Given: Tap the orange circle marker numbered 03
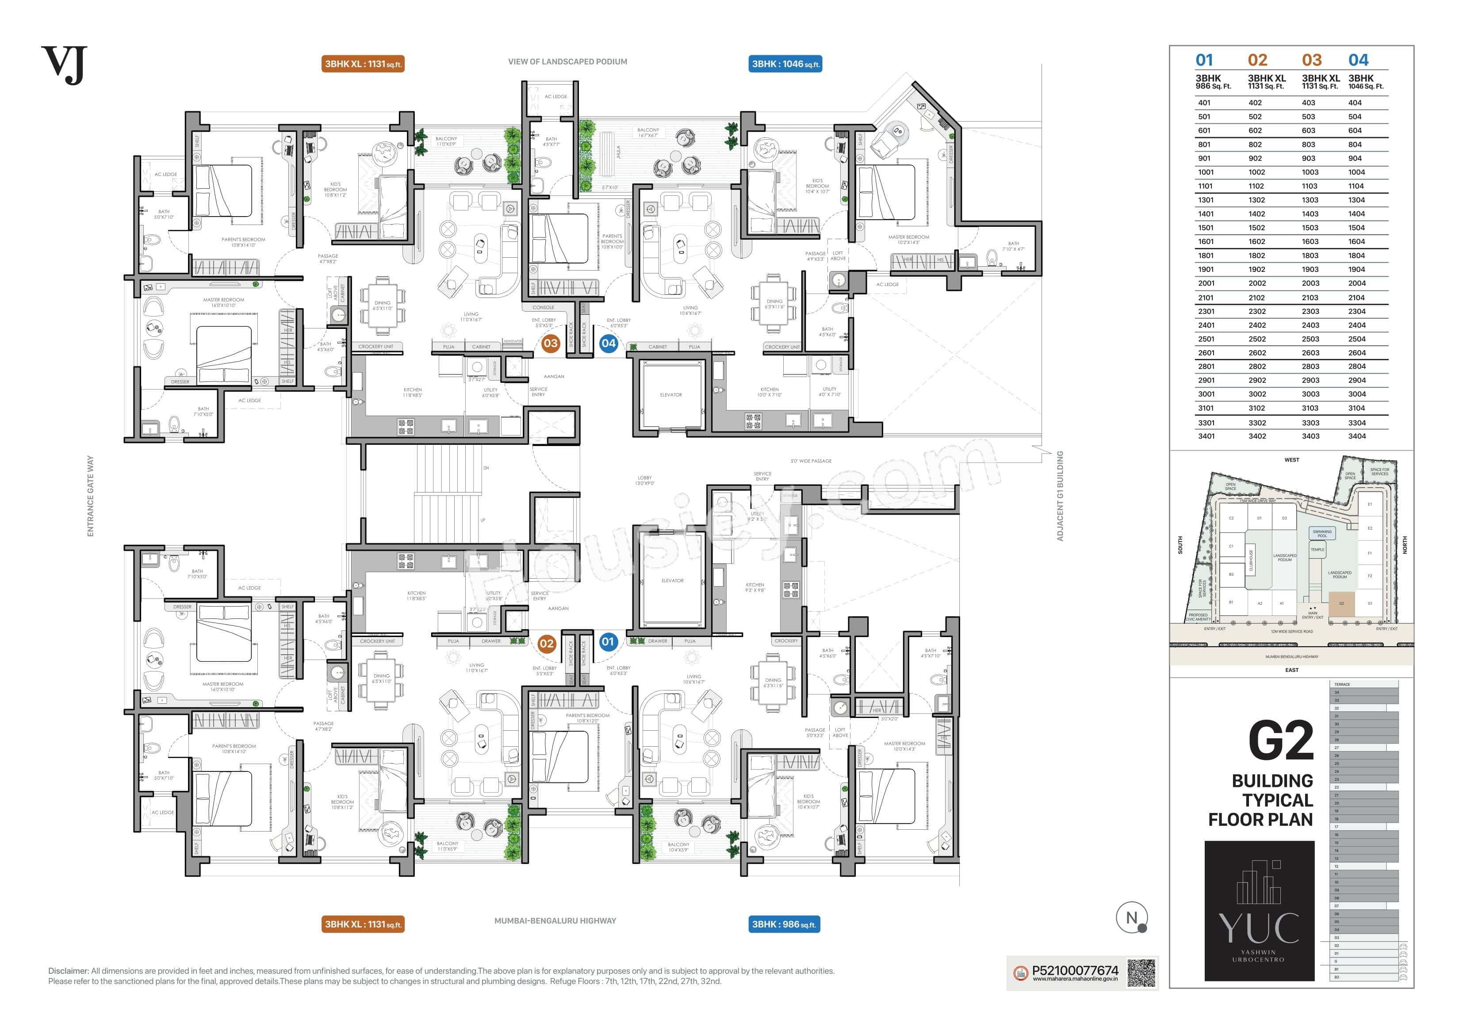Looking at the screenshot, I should click(x=550, y=343).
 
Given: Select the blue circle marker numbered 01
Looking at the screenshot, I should click(x=608, y=642).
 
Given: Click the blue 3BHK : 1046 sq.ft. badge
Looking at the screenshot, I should click(x=785, y=64).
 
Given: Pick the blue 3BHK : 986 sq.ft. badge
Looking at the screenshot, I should click(x=783, y=924).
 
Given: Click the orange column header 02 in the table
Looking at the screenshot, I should click(x=1257, y=61).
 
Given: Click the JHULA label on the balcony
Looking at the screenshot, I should click(x=618, y=152).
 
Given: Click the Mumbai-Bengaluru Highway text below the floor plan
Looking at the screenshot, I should click(x=555, y=920).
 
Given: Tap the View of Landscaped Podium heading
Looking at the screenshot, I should click(x=567, y=62).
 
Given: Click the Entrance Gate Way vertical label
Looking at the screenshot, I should click(x=91, y=496).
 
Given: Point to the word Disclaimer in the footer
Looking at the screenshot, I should click(x=68, y=971).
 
